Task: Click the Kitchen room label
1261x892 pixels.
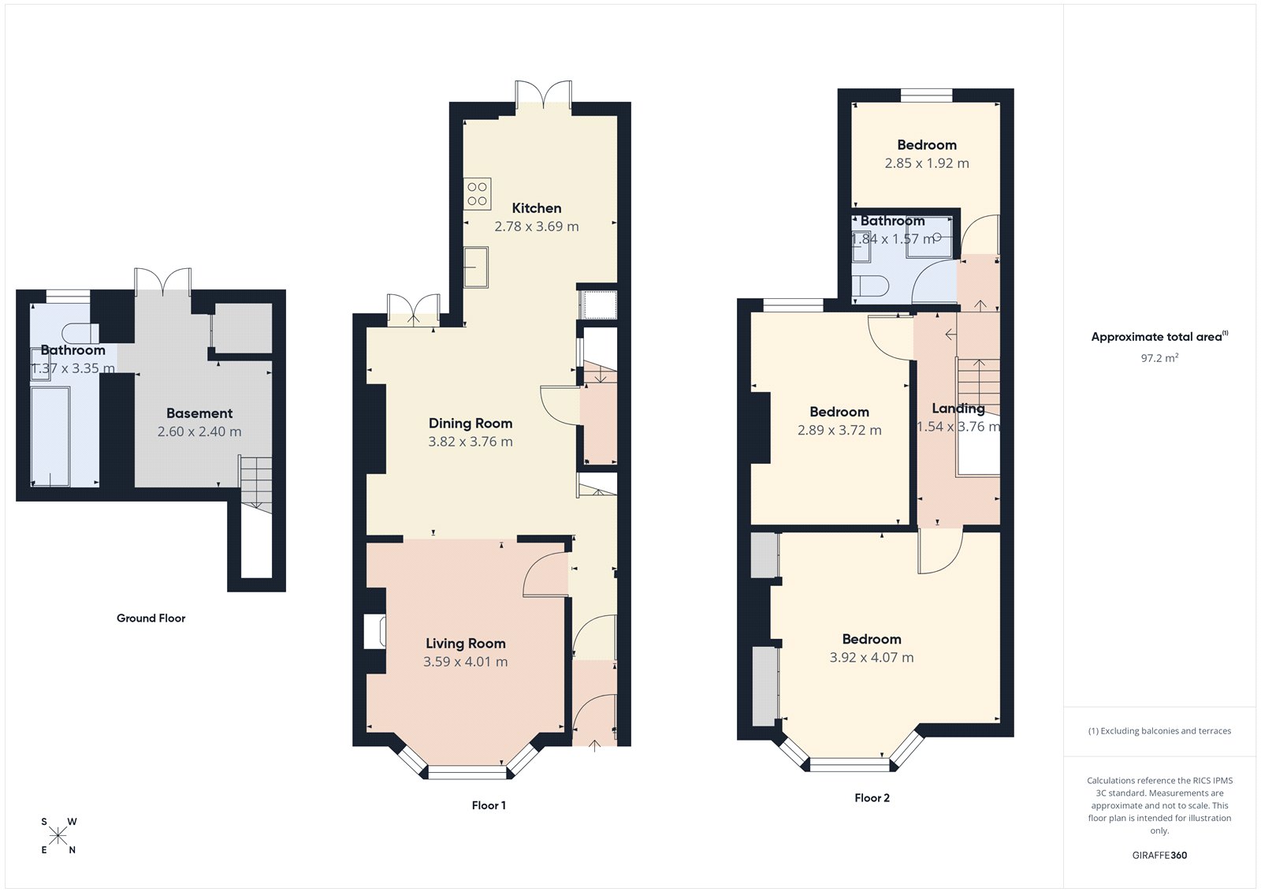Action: (x=537, y=208)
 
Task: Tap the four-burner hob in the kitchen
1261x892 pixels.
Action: (x=477, y=194)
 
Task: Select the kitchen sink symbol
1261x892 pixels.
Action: (x=475, y=267)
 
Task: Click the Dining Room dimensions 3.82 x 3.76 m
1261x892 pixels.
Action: (x=471, y=442)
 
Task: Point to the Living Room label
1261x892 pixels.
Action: (x=466, y=644)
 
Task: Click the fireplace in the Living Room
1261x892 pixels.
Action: (x=374, y=632)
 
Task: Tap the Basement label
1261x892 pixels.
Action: (x=199, y=413)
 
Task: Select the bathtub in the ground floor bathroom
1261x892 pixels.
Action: (x=50, y=436)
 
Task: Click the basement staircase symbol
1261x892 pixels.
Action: (x=255, y=483)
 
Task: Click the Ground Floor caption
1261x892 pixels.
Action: (x=151, y=618)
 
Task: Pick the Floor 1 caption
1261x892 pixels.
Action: (x=489, y=805)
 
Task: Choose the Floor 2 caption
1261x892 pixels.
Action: (x=872, y=798)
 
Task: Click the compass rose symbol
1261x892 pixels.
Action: (x=58, y=836)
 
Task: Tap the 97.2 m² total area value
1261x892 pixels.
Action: (x=1159, y=358)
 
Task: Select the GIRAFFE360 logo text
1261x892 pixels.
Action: (x=1159, y=855)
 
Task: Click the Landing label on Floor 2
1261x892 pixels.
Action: (x=958, y=409)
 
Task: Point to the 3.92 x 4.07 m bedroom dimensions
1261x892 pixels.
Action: (x=872, y=658)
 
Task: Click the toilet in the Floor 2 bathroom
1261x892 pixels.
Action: (x=872, y=285)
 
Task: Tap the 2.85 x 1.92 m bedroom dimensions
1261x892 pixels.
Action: (x=927, y=163)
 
